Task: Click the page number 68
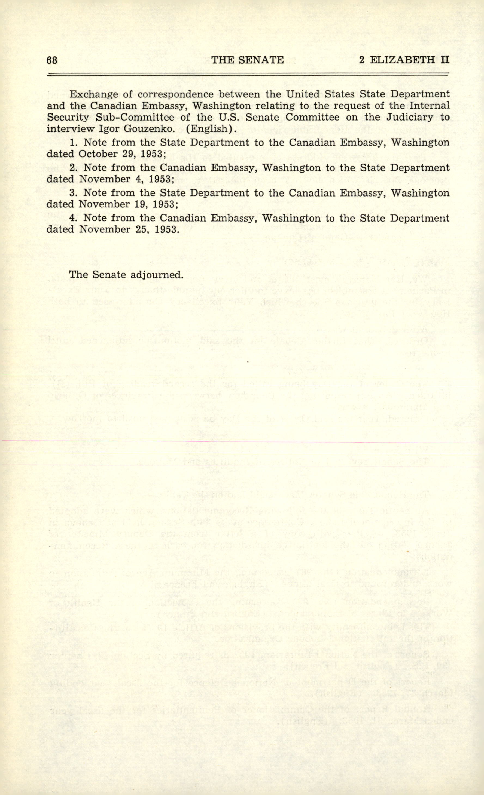coord(52,60)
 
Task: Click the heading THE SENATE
coord(247,60)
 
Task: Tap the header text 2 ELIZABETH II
coord(404,60)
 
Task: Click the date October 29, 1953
coord(122,154)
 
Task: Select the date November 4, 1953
coord(127,179)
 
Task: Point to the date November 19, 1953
coord(129,204)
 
